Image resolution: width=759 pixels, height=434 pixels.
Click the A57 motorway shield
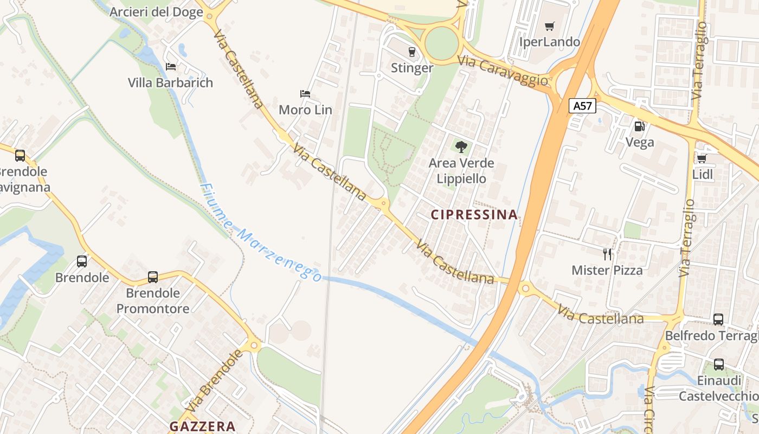[x=583, y=106]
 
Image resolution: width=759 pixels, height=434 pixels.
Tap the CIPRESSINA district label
[x=474, y=215]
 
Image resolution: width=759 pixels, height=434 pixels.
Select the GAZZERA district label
[x=202, y=426]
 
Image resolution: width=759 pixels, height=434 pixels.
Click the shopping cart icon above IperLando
[x=550, y=26]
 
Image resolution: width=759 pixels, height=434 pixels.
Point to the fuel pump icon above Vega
[x=640, y=126]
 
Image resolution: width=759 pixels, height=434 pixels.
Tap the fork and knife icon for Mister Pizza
[x=607, y=254]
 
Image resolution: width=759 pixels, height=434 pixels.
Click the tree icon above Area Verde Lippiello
[x=461, y=146]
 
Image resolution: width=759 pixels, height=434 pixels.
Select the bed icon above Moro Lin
[x=305, y=94]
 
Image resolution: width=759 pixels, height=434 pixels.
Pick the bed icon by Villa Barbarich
[x=171, y=67]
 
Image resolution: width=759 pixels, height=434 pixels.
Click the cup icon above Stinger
[x=411, y=52]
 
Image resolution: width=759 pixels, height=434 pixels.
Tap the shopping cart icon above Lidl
[x=702, y=158]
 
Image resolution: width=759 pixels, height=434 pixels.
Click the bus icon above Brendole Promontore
[x=153, y=277]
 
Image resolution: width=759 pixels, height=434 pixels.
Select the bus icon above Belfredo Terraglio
[x=718, y=320]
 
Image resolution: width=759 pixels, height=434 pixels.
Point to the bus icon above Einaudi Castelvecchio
[x=719, y=365]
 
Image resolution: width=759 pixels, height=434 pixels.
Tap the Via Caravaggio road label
[x=503, y=71]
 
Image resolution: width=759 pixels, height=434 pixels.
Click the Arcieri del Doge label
[x=156, y=12]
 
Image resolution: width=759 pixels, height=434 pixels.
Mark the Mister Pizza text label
[x=607, y=270]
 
